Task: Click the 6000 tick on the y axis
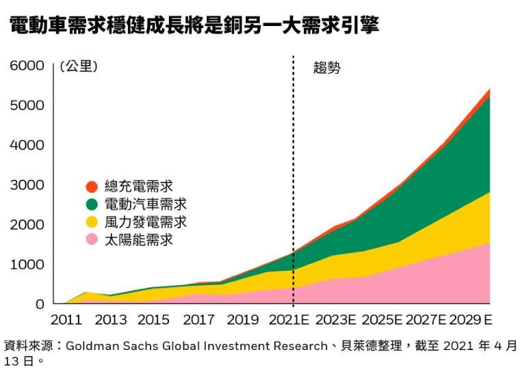pyautogui.click(x=27, y=66)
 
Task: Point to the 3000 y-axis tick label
pyautogui.click(x=27, y=185)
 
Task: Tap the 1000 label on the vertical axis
pyautogui.click(x=27, y=265)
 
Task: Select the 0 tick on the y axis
pyautogui.click(x=40, y=304)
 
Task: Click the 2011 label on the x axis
pyautogui.click(x=66, y=320)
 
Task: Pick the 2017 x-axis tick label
pyautogui.click(x=199, y=320)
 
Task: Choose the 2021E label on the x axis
pyautogui.click(x=289, y=320)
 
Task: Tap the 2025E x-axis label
pyautogui.click(x=382, y=320)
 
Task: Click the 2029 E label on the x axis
pyautogui.click(x=471, y=320)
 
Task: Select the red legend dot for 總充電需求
pyautogui.click(x=92, y=187)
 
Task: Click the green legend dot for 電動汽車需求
pyautogui.click(x=92, y=204)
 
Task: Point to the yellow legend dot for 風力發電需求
pyautogui.click(x=92, y=222)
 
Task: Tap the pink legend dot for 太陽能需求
pyautogui.click(x=92, y=239)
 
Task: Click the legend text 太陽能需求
pyautogui.click(x=139, y=240)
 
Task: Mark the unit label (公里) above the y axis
pyautogui.click(x=79, y=66)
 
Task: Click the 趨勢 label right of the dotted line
pyautogui.click(x=327, y=68)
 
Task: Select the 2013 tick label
pyautogui.click(x=111, y=320)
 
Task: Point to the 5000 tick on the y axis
pyautogui.click(x=27, y=105)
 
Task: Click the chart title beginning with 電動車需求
pyautogui.click(x=194, y=25)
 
